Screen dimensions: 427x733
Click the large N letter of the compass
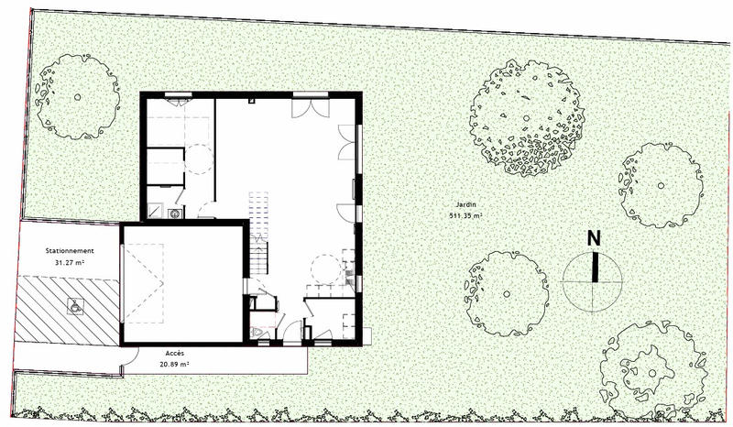coord(594,237)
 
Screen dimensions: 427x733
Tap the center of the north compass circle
coord(594,279)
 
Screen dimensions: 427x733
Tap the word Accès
coord(176,353)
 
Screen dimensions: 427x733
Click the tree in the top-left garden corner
coord(77,96)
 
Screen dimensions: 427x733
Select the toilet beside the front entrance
coord(260,331)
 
